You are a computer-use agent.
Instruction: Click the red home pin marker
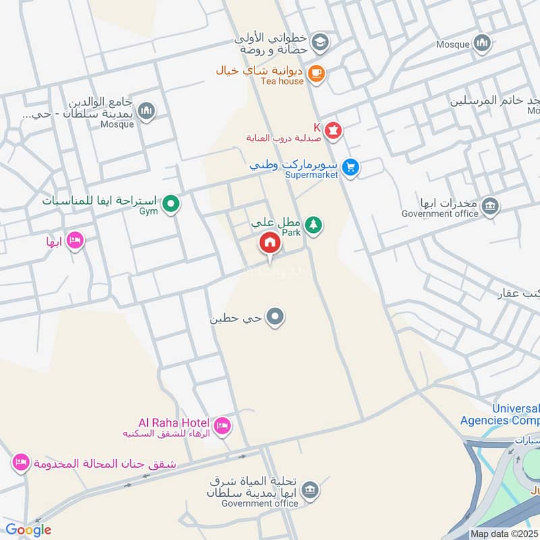270,242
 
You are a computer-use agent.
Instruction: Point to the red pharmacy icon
333,129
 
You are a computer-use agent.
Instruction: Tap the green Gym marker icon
172,202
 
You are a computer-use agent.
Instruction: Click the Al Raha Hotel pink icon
222,425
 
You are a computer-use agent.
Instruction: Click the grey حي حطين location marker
275,316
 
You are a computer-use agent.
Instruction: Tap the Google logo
28,530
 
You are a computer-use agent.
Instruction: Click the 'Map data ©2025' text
504,533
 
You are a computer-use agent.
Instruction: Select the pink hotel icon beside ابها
75,240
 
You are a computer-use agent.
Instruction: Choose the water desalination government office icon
310,489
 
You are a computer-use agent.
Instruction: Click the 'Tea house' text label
282,82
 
